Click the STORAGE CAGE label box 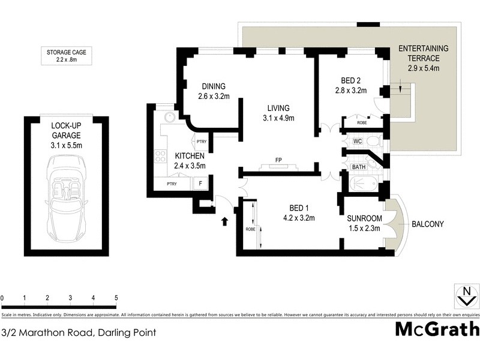click(x=67, y=56)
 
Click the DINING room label click(x=214, y=86)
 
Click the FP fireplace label click(x=278, y=160)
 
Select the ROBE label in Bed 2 click(x=361, y=123)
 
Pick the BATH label click(x=359, y=167)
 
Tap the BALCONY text click(x=427, y=224)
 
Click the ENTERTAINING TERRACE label click(x=423, y=53)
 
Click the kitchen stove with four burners click(x=161, y=157)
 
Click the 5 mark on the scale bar click(x=116, y=298)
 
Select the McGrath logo click(x=437, y=329)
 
